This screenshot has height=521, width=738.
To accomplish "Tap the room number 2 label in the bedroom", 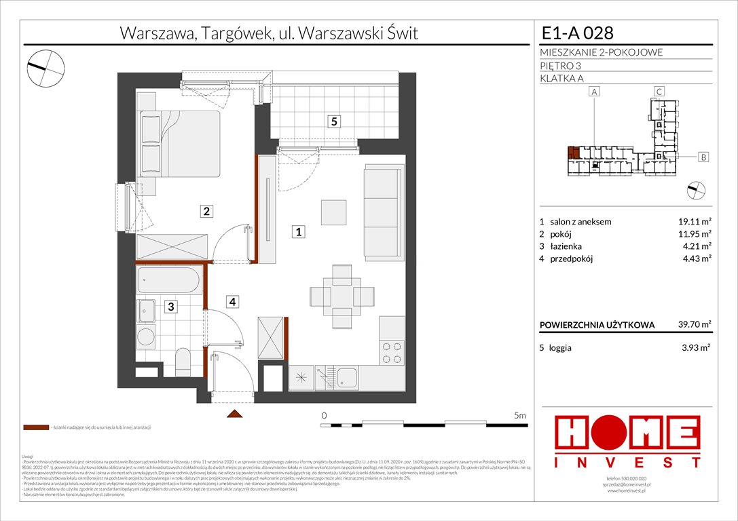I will tap(205, 212).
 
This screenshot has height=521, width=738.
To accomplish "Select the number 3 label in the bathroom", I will tap(172, 307).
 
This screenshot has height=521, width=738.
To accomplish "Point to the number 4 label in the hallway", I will tap(232, 303).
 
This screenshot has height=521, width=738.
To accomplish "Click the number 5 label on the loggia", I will tap(333, 122).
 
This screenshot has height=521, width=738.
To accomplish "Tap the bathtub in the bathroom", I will tap(168, 280).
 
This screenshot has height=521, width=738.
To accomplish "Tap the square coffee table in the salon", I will tap(334, 212).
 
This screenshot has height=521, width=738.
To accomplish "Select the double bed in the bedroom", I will tap(180, 143).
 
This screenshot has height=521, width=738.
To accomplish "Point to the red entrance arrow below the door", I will tap(234, 413).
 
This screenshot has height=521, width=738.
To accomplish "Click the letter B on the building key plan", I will tap(704, 157).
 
